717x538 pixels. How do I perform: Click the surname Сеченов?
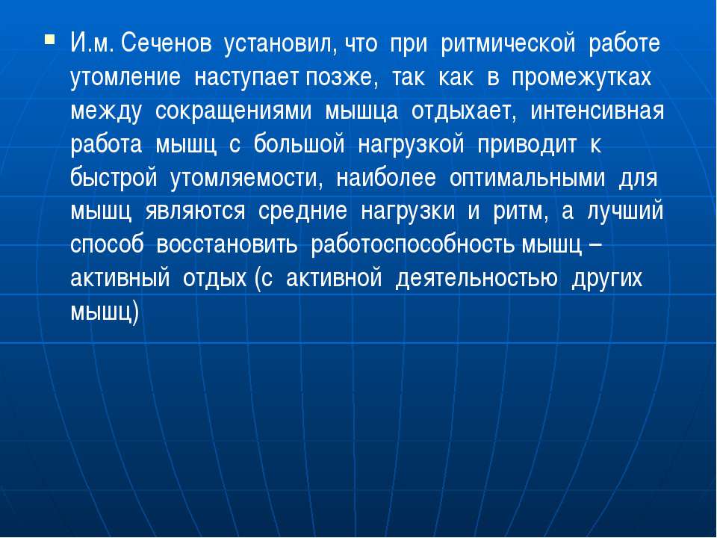[167, 44]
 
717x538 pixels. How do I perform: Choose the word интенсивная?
[597, 111]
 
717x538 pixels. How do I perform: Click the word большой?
[299, 144]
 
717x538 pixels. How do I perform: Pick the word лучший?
[625, 211]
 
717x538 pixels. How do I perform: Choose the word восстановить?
[227, 245]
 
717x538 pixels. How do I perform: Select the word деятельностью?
[477, 278]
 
